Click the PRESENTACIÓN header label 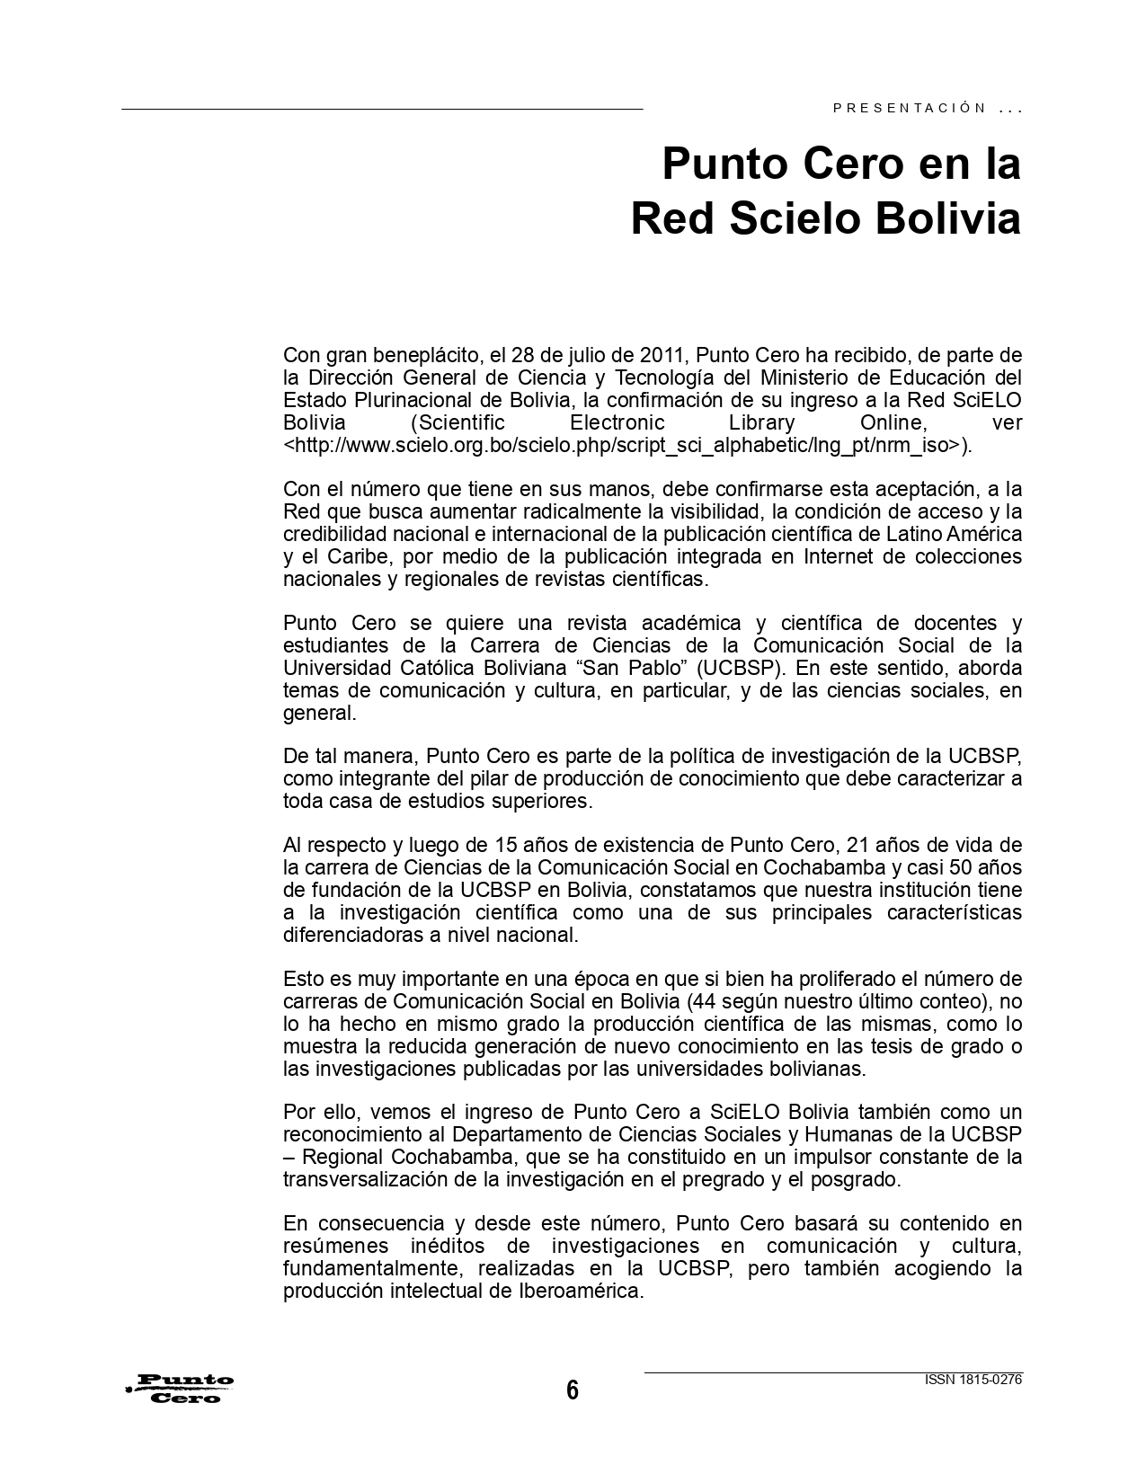pyautogui.click(x=910, y=108)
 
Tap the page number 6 pyautogui.click(x=573, y=1390)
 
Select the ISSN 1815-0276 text pyautogui.click(x=973, y=1380)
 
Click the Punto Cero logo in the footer pyautogui.click(x=181, y=1389)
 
